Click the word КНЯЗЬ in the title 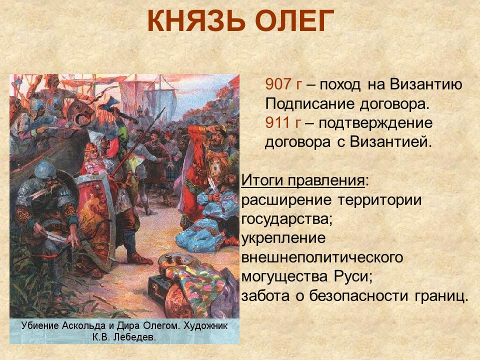pos(196,21)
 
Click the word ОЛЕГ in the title pos(294,21)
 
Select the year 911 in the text pos(277,123)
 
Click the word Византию pos(426,84)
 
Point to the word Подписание pos(309,104)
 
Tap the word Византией pos(390,142)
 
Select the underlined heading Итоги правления pos(303,180)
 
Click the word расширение pos(286,200)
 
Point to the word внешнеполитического pos(322,257)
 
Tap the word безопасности pos(358,296)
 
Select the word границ pos(441,296)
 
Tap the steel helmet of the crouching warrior pos(45,169)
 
